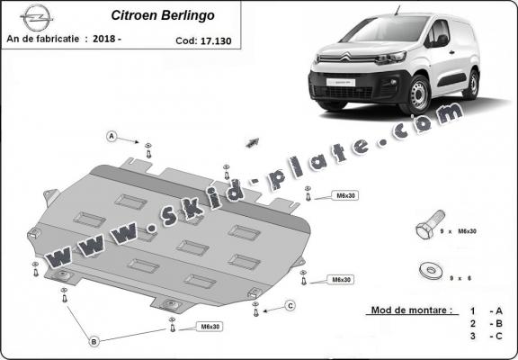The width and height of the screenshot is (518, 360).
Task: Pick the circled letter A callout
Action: coord(112,137)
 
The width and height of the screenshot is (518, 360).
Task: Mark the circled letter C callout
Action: coord(290,306)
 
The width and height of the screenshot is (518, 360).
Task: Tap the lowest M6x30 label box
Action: coord(209,326)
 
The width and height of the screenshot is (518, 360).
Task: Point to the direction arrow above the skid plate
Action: coord(252,143)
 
